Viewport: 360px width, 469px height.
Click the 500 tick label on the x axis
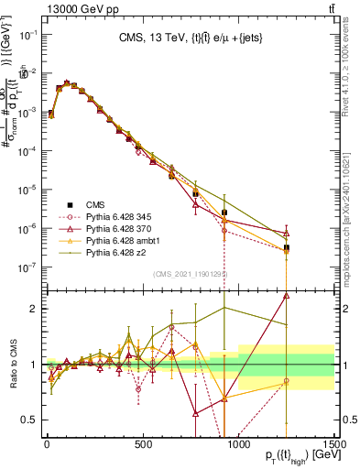[x=142, y=443]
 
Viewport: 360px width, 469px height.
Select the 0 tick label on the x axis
[x=47, y=443]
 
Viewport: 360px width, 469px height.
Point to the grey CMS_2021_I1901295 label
[x=191, y=273]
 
